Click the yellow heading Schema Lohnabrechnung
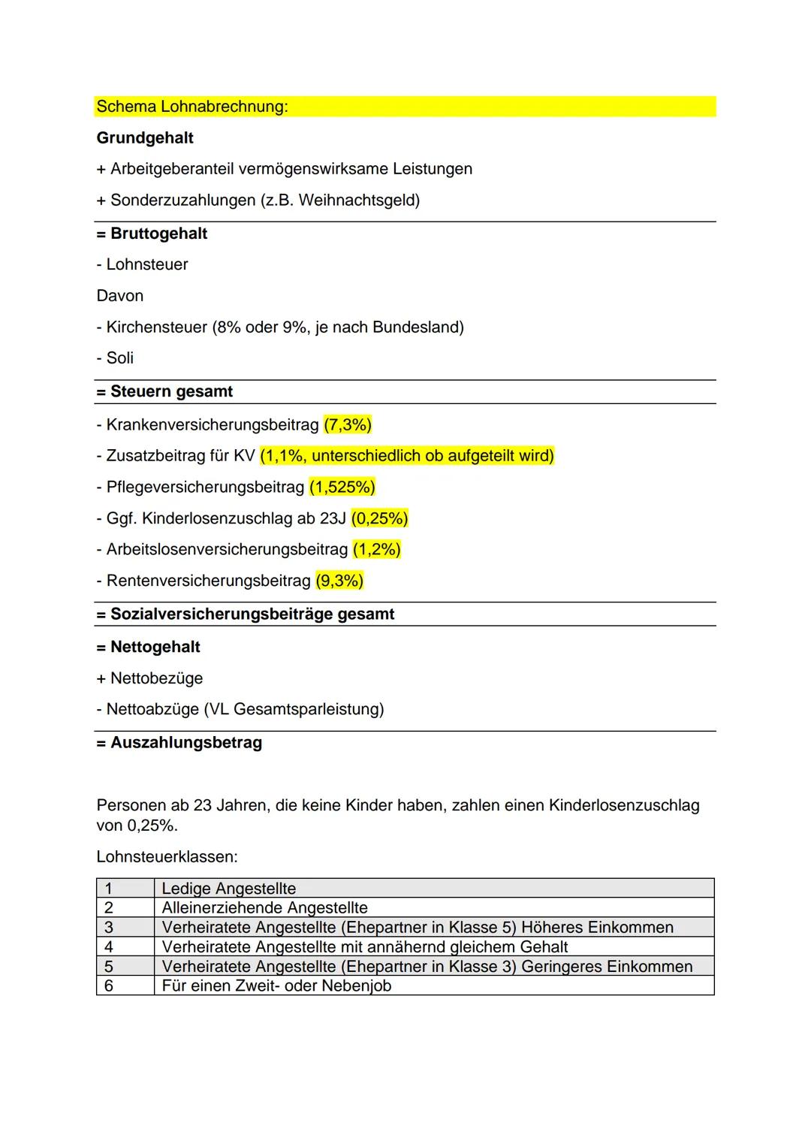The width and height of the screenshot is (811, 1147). click(192, 107)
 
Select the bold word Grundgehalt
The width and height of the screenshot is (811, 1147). click(145, 138)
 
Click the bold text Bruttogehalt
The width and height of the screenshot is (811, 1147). click(158, 234)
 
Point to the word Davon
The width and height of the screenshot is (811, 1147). click(120, 296)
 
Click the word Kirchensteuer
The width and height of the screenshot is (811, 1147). click(156, 327)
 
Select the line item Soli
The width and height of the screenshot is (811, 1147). click(119, 358)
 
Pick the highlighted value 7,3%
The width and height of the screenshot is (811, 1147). click(348, 425)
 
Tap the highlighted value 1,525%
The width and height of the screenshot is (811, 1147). click(342, 487)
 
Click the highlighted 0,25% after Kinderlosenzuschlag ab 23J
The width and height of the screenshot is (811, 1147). click(380, 519)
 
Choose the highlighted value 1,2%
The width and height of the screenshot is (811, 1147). click(377, 550)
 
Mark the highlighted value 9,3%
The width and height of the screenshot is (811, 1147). click(339, 581)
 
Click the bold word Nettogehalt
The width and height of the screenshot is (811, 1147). click(155, 647)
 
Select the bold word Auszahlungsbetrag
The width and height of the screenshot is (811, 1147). click(186, 743)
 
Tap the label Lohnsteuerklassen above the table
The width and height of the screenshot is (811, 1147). click(167, 857)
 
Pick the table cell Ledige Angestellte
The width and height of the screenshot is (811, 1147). click(229, 889)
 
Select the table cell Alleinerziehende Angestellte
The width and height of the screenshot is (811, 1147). click(264, 908)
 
